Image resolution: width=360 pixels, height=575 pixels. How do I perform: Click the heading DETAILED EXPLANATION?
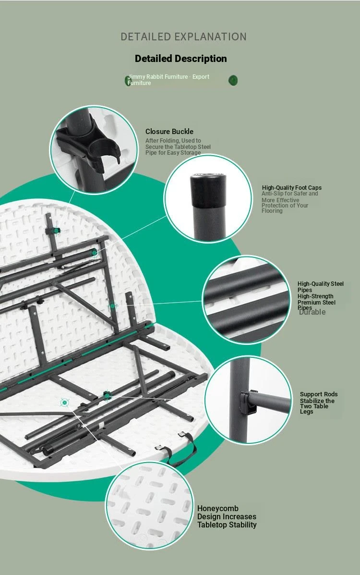tap(183, 37)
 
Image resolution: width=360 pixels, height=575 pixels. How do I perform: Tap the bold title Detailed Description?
tap(181, 59)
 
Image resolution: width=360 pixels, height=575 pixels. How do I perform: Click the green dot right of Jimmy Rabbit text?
tap(233, 80)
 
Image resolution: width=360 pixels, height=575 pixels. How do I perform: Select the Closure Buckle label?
tap(169, 131)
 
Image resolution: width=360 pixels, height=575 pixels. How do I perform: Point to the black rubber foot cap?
tap(207, 190)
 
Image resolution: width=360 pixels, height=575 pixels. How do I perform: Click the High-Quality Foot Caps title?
tap(292, 187)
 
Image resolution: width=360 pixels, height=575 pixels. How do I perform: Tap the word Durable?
tap(312, 312)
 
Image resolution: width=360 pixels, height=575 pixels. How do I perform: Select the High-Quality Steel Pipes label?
tap(321, 287)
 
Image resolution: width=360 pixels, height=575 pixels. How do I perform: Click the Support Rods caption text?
tap(319, 403)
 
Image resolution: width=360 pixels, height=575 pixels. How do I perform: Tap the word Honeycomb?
tap(218, 509)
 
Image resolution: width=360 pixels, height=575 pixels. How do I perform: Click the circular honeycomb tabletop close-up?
tap(150, 505)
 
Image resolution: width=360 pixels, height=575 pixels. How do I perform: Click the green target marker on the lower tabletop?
tap(64, 403)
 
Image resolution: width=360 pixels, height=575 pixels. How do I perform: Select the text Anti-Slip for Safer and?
tap(289, 194)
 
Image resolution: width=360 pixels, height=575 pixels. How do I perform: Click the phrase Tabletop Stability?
tap(227, 525)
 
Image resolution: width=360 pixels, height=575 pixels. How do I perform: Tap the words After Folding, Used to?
tap(173, 140)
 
